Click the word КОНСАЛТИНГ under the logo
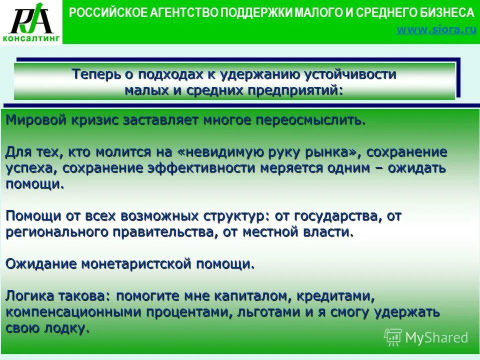[31, 38]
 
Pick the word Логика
[29, 296]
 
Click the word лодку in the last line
[65, 329]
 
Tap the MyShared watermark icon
[392, 337]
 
